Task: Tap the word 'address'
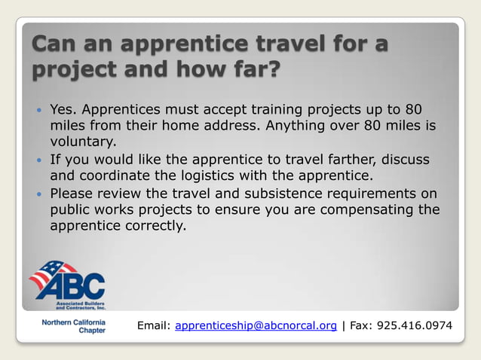click(234, 125)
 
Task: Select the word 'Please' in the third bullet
click(72, 193)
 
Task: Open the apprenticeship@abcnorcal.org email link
click(256, 325)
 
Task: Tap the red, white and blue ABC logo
click(67, 284)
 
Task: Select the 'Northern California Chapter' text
click(73, 325)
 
